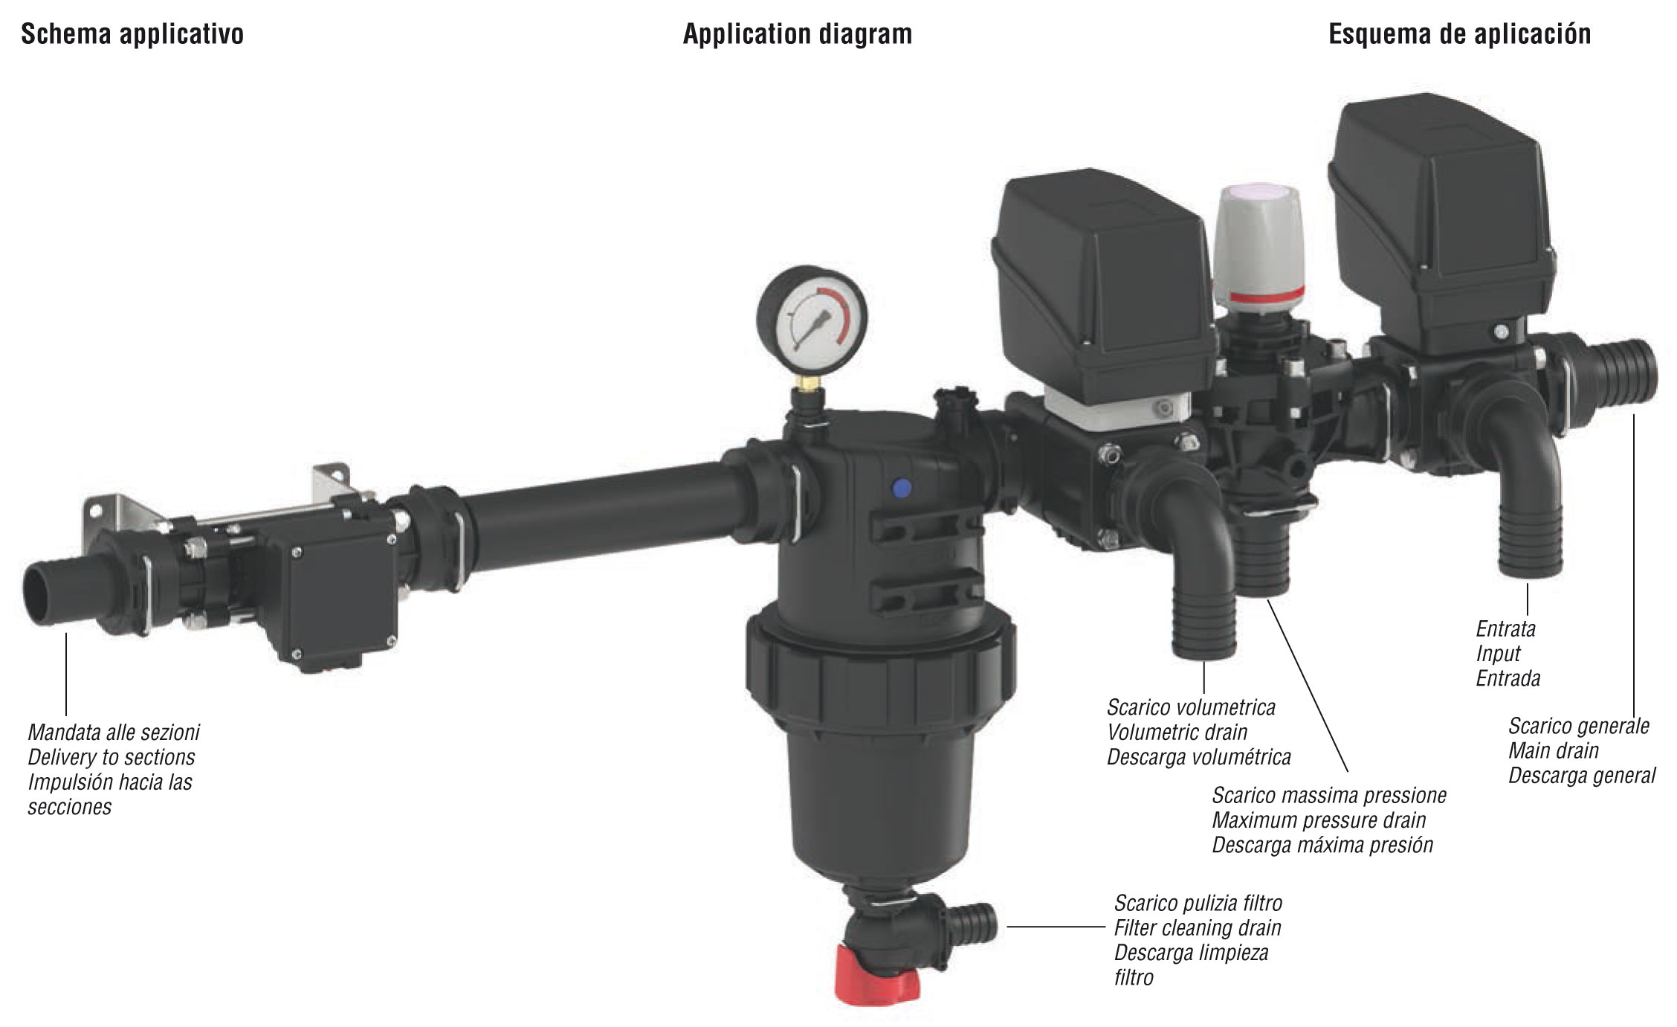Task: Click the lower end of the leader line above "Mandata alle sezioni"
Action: pyautogui.click(x=66, y=715)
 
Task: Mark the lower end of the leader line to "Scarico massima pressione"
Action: pyautogui.click(x=1348, y=772)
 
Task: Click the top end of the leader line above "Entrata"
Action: pyautogui.click(x=1527, y=584)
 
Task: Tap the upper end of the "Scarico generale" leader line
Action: pyautogui.click(x=1634, y=414)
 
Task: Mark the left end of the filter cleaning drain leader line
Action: pyautogui.click(x=1007, y=927)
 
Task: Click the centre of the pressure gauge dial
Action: pyautogui.click(x=812, y=321)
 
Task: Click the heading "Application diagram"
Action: pyautogui.click(x=798, y=34)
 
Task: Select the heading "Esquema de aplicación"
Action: pyautogui.click(x=1460, y=34)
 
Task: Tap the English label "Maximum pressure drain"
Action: pyautogui.click(x=1319, y=820)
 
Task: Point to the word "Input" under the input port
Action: pyautogui.click(x=1498, y=654)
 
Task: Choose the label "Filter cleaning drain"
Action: pyautogui.click(x=1198, y=928)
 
